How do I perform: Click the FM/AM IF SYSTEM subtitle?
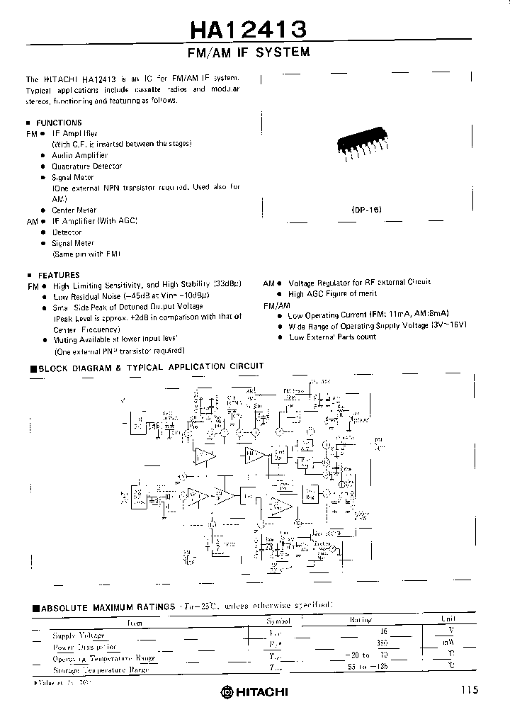coord(248,52)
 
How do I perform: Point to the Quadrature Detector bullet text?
coord(86,166)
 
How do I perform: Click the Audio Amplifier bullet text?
coord(80,155)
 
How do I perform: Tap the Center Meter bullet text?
coord(74,210)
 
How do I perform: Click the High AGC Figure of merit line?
coord(332,293)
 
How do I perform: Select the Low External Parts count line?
coord(332,337)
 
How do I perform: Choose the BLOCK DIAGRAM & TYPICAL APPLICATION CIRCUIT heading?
coord(151,367)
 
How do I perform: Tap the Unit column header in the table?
coord(448,619)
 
